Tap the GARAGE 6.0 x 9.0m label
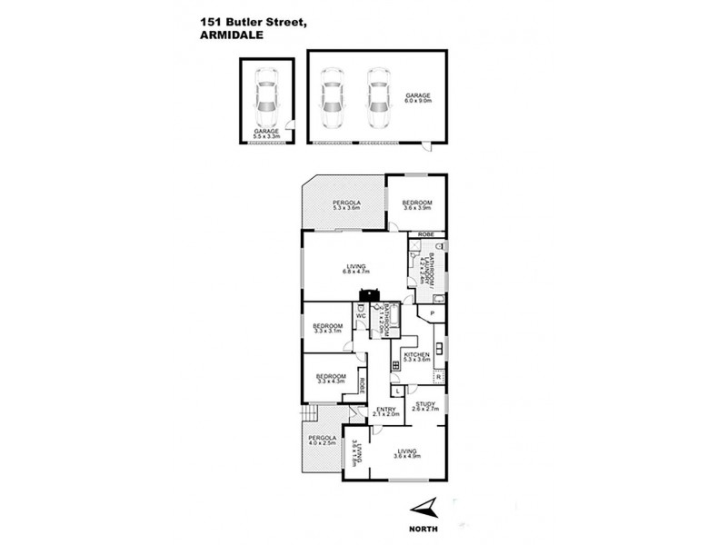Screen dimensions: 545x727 click(417, 97)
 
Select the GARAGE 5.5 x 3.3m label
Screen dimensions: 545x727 click(266, 134)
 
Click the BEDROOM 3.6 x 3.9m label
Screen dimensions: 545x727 click(417, 205)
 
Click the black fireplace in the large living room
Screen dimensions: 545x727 click(369, 293)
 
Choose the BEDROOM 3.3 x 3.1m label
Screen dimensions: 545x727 click(328, 329)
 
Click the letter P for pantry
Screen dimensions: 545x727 click(433, 314)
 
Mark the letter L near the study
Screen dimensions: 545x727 click(399, 391)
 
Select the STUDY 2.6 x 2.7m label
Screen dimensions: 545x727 click(426, 407)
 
